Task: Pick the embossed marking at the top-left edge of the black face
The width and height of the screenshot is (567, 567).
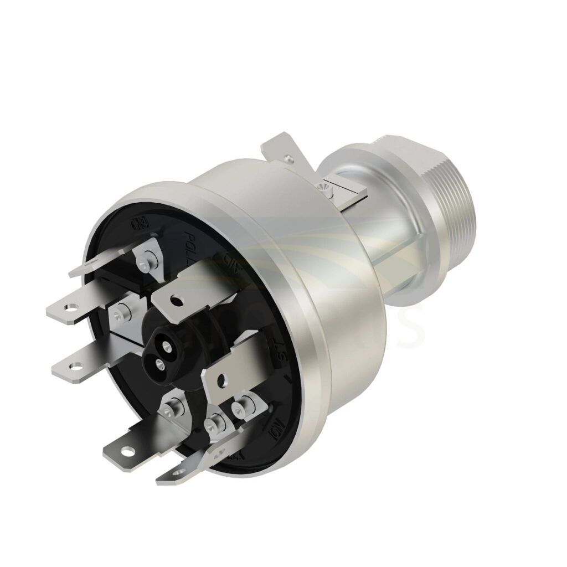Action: [136, 224]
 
